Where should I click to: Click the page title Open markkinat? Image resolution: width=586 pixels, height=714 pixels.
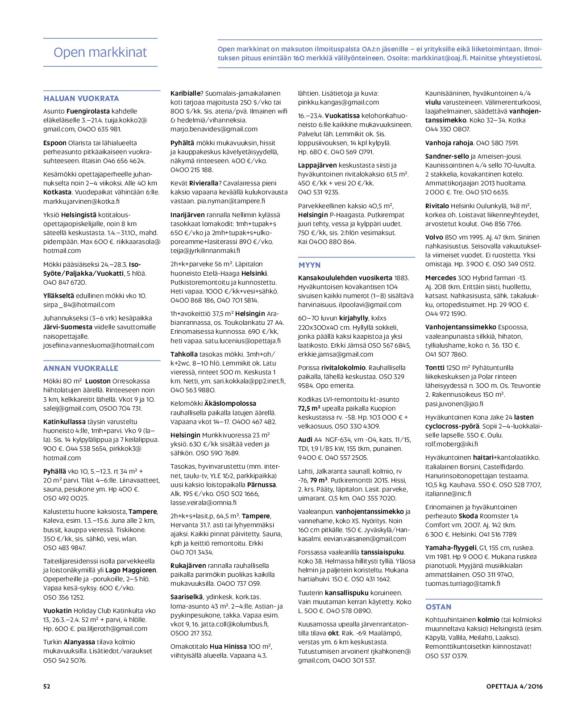pyautogui.click(x=100, y=52)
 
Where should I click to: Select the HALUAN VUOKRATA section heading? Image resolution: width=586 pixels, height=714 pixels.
pyautogui.click(x=81, y=98)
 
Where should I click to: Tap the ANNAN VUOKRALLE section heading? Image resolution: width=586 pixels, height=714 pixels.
pyautogui.click(x=81, y=368)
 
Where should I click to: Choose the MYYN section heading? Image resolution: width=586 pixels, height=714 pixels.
pyautogui.click(x=309, y=265)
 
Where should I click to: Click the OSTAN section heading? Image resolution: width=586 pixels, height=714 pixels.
pyautogui.click(x=438, y=607)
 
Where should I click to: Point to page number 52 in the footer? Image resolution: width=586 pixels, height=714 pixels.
pyautogui.click(x=47, y=686)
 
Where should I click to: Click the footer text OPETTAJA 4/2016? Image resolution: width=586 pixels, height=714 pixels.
pyautogui.click(x=515, y=686)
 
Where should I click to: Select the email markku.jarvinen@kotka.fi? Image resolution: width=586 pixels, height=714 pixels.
pyautogui.click(x=81, y=202)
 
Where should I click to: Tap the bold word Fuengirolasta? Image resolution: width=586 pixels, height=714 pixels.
pyautogui.click(x=88, y=111)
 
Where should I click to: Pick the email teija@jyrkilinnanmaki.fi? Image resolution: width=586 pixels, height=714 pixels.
pyautogui.click(x=205, y=251)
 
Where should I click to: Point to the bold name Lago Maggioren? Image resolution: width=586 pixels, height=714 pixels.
pyautogui.click(x=131, y=570)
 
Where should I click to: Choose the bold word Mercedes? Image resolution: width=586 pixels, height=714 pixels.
pyautogui.click(x=441, y=278)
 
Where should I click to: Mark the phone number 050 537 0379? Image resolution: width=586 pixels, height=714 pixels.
pyautogui.click(x=446, y=656)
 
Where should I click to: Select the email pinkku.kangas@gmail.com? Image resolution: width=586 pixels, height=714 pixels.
pyautogui.click(x=338, y=102)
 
